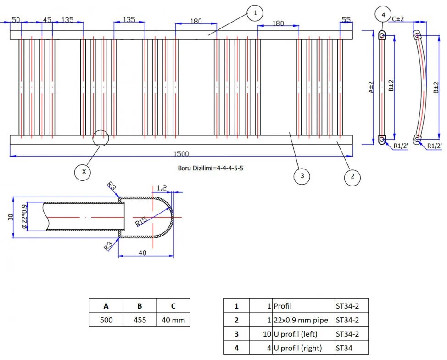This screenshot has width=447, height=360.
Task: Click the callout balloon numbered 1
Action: (255, 13)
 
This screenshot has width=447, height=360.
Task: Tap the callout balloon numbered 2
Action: (352, 177)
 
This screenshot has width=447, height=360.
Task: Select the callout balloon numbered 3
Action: (302, 176)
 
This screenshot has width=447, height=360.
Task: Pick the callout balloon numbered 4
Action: (383, 15)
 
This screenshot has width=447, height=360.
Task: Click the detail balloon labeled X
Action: (84, 172)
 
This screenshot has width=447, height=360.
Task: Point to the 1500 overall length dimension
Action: (181, 154)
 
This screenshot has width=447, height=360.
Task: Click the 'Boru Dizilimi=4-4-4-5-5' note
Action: (210, 168)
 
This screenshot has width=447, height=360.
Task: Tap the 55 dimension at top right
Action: (346, 20)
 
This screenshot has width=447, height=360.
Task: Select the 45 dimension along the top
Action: (47, 20)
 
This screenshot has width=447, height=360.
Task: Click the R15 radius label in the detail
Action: (141, 221)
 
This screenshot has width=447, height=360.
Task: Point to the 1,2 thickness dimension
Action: (162, 188)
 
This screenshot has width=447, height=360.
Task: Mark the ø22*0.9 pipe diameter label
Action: (24, 216)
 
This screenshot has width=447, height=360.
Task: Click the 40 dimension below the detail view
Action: (143, 253)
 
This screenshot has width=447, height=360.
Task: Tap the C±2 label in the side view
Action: (398, 19)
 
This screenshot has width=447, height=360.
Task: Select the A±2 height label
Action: (371, 87)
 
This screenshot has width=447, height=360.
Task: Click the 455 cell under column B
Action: (140, 320)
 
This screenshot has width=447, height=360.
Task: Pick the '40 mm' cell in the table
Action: (173, 320)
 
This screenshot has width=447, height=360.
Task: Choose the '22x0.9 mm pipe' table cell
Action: (301, 320)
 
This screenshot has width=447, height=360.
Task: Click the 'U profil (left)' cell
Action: (296, 334)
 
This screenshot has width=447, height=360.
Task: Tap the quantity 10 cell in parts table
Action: (267, 334)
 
